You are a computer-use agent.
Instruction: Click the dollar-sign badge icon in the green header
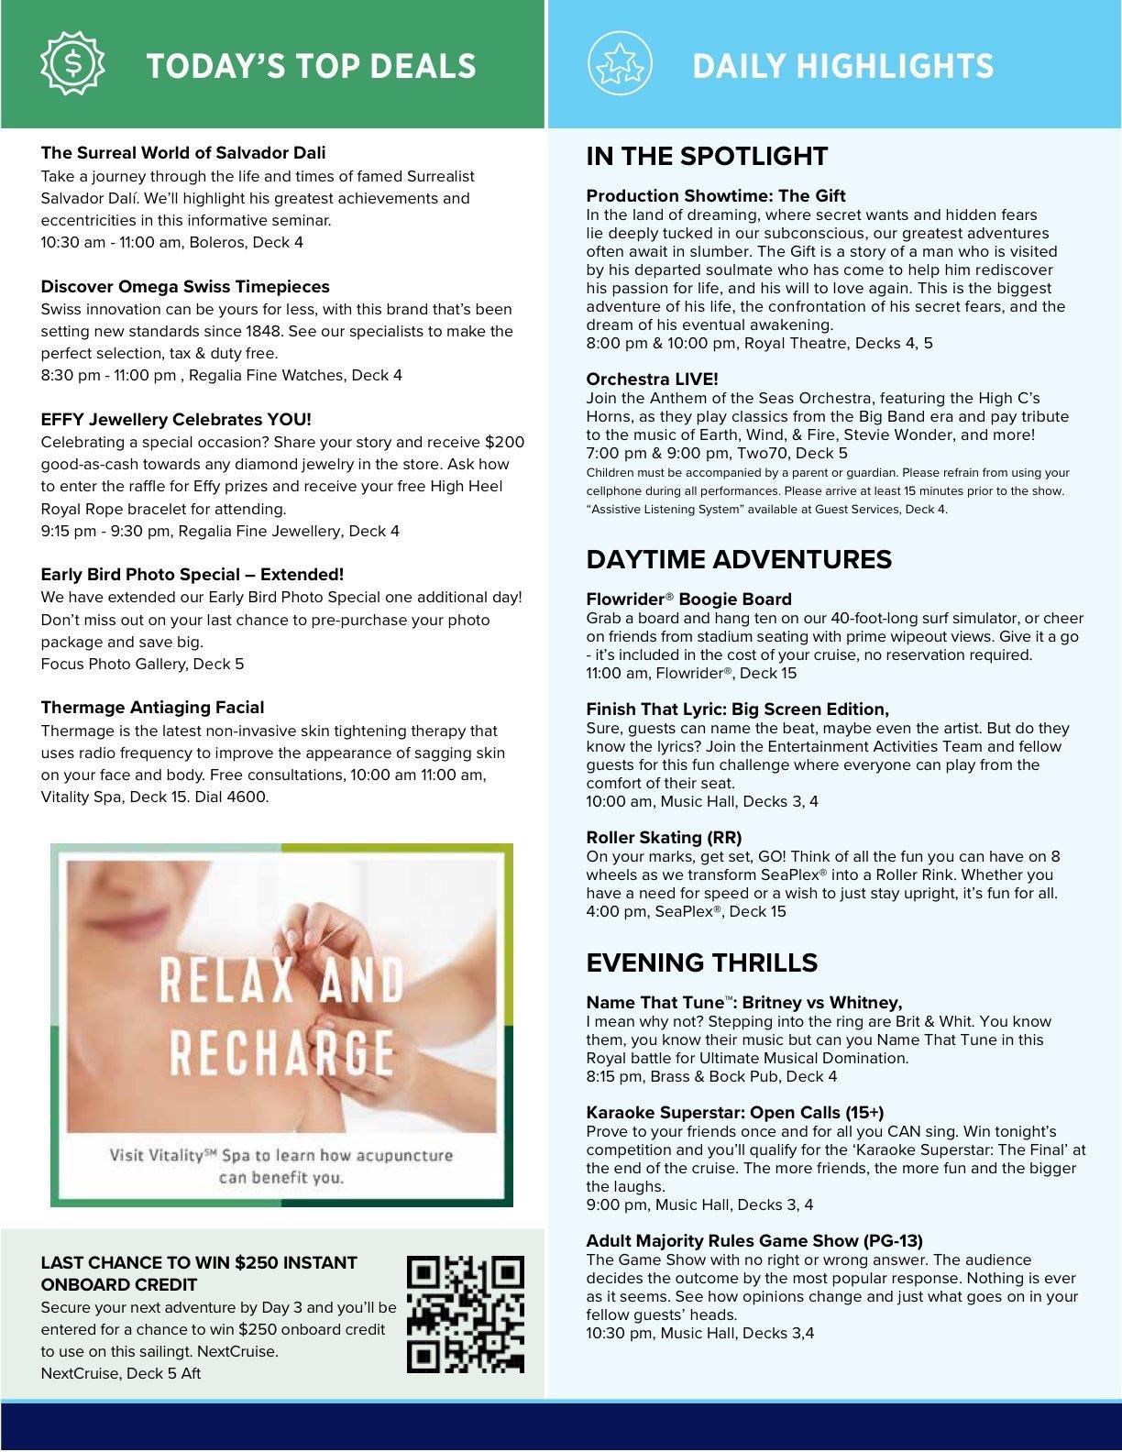[x=72, y=62]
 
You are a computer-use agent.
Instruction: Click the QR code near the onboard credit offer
[x=465, y=1314]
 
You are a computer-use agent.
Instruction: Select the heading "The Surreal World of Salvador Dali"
[x=182, y=153]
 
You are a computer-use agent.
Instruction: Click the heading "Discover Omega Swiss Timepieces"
[x=184, y=287]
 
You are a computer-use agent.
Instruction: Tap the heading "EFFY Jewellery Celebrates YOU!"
[x=176, y=420]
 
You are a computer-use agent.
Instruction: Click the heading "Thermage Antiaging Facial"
[x=152, y=708]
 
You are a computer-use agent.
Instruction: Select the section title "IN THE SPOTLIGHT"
[x=707, y=156]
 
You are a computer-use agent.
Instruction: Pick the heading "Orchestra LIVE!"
[x=652, y=379]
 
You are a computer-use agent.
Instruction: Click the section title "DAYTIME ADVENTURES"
[x=739, y=559]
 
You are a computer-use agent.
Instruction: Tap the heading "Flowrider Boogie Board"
[x=688, y=599]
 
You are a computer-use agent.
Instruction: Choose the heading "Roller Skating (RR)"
[x=664, y=838]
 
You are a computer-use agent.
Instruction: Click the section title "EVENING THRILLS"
[x=701, y=962]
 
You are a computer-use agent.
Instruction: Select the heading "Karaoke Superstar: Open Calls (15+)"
[x=734, y=1113]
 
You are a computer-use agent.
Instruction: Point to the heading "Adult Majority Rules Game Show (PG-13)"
[x=753, y=1241]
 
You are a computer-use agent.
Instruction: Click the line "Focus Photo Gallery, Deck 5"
[x=142, y=664]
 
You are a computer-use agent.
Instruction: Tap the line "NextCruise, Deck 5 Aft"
[x=120, y=1373]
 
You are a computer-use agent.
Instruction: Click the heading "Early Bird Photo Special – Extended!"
[x=192, y=575]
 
